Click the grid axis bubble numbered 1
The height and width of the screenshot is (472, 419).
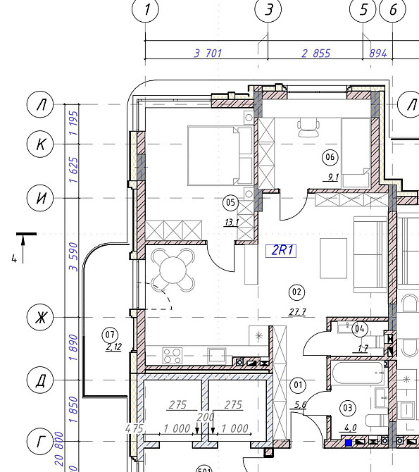(x=145, y=9)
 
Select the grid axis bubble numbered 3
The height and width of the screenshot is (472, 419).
(x=268, y=9)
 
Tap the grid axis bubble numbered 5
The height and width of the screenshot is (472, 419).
(x=363, y=9)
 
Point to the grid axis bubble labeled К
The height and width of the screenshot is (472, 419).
(x=40, y=144)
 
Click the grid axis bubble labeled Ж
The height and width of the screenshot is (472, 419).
(x=40, y=317)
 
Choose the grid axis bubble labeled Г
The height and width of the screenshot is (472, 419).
(x=40, y=441)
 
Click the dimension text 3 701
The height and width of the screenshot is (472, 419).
(x=208, y=54)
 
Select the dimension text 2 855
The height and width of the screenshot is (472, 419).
(x=315, y=54)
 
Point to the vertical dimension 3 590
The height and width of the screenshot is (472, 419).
(x=73, y=256)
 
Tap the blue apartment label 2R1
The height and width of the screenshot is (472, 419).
(x=281, y=251)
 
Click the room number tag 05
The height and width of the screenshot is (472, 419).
(x=230, y=202)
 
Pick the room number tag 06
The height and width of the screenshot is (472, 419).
(x=330, y=157)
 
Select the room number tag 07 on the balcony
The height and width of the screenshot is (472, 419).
(x=110, y=335)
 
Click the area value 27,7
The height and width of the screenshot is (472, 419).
(x=297, y=312)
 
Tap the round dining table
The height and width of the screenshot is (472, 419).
(x=173, y=270)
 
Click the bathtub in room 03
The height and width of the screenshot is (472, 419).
(x=358, y=373)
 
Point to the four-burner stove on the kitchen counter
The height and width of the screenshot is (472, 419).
(x=172, y=356)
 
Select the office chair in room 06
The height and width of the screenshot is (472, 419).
(x=308, y=128)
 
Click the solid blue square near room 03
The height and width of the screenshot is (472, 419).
(x=349, y=442)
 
